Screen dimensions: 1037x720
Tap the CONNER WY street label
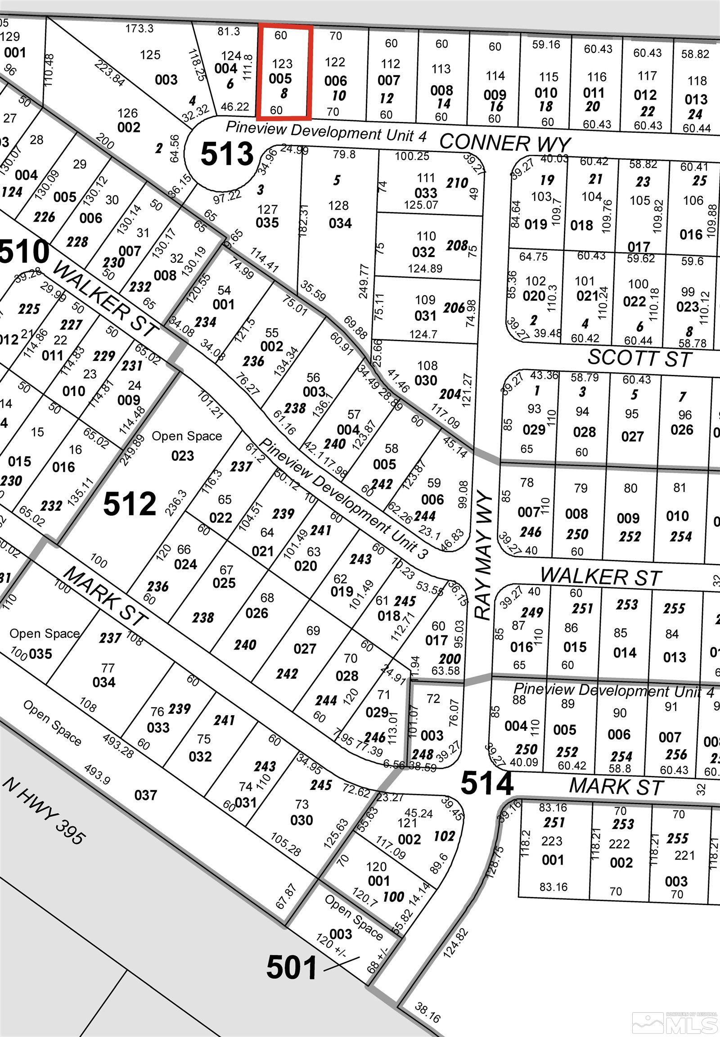coord(505,143)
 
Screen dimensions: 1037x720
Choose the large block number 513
coord(227,154)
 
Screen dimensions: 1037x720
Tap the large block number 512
coord(130,504)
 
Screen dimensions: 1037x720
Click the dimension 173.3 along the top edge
coord(139,29)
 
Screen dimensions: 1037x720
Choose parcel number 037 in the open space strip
coord(145,795)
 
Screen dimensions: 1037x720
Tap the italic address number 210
coord(457,183)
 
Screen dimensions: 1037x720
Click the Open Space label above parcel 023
coord(187,436)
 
